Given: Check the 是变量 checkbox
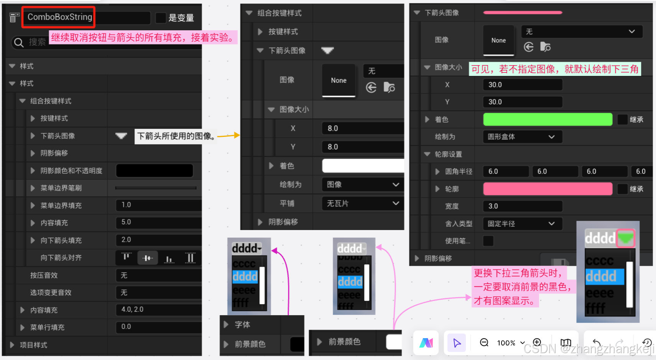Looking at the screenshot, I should tap(161, 18).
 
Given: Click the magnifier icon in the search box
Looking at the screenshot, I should tap(18, 42).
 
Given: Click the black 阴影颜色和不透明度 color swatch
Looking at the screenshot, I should tap(154, 171).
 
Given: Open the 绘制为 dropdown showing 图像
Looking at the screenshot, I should tap(362, 185).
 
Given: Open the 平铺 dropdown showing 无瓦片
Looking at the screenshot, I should tap(362, 204).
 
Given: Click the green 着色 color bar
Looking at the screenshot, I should tap(547, 120).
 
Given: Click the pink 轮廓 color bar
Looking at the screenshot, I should tap(547, 189).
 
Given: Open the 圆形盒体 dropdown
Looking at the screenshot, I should tap(522, 137).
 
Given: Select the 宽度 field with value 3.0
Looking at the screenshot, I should tap(522, 206).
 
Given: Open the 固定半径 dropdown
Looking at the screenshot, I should tap(522, 224).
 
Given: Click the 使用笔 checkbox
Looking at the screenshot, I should tap(488, 241).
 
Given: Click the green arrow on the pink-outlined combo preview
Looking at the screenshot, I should tap(625, 238).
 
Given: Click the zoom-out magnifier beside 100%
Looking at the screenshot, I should tap(484, 342).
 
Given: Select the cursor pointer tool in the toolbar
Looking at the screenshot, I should tap(457, 342).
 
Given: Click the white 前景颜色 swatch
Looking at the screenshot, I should tap(393, 342).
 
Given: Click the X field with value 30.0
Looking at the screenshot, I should tap(522, 85).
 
